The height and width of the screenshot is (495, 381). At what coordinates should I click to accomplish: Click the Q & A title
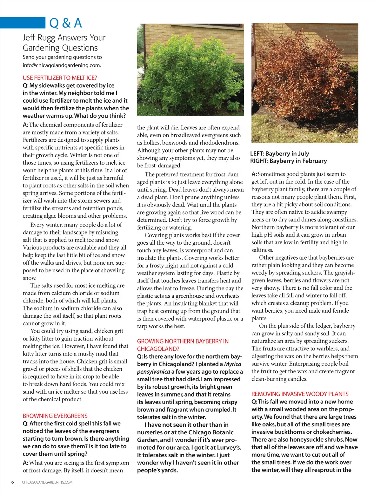[66, 23]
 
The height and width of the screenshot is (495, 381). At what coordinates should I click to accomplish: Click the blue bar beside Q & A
[23, 23]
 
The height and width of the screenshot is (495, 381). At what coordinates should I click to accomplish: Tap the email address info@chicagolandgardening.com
[62, 65]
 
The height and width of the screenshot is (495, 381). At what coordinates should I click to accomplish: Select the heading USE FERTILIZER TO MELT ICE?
[60, 78]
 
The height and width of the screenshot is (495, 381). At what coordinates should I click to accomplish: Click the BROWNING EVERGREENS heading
[55, 416]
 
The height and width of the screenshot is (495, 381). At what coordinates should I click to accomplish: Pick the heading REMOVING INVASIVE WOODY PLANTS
[300, 394]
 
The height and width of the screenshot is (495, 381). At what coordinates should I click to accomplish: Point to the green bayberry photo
[190, 70]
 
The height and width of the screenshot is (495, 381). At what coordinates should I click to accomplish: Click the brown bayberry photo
[305, 83]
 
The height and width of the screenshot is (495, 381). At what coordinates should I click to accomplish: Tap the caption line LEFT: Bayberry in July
[279, 153]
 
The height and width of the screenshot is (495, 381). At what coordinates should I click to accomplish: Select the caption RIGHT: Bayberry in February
[288, 161]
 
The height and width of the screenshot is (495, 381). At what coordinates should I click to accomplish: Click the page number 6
[13, 482]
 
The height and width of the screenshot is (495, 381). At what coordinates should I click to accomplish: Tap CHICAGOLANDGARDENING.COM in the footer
[47, 482]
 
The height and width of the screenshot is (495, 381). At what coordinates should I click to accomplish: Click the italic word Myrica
[233, 364]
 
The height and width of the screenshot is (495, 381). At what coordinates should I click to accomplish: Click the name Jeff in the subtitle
[29, 38]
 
